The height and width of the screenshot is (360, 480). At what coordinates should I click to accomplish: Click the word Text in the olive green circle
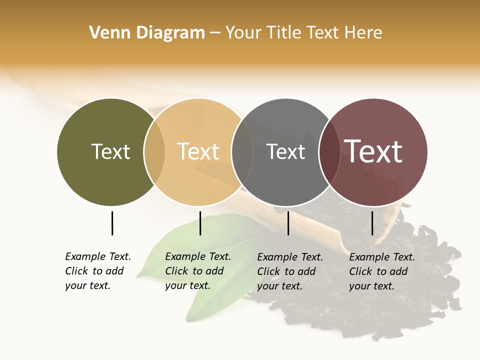[110, 151]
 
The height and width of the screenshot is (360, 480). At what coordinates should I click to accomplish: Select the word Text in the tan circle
[198, 151]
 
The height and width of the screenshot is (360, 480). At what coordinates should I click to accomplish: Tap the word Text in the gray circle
[285, 151]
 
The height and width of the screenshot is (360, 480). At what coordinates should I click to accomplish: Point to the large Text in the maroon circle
[373, 151]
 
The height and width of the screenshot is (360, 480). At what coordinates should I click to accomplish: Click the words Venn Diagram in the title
[147, 33]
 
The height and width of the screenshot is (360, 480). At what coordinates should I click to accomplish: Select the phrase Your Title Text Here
[303, 33]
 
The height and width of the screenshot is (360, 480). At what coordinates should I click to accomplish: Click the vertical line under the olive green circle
[112, 223]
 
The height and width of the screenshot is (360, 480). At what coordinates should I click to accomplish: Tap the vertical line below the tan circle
[200, 223]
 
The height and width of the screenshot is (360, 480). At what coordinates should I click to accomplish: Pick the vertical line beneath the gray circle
[288, 223]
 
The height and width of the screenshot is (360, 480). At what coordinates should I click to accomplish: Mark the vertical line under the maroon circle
[372, 223]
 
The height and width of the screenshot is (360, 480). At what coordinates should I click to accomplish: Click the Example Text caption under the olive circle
[97, 271]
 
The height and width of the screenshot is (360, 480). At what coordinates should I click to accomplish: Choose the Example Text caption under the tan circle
[197, 271]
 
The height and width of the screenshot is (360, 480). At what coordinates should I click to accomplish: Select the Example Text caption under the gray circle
[289, 271]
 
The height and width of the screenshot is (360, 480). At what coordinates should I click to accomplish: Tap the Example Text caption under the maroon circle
[381, 271]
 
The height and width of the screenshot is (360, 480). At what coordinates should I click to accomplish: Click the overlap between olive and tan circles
[154, 152]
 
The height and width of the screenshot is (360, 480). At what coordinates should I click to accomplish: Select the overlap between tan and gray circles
[242, 152]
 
